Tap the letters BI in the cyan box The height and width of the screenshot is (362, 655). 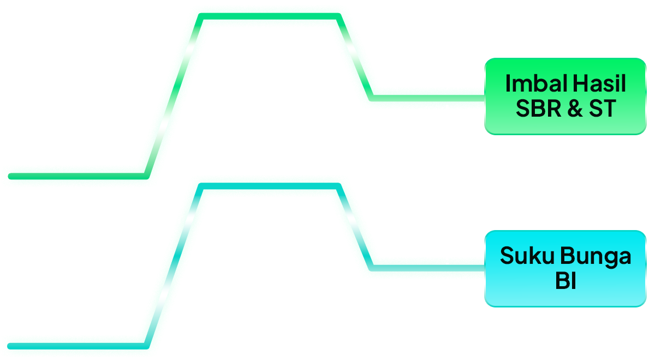[565, 282]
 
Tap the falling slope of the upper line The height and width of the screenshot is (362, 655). [356, 57]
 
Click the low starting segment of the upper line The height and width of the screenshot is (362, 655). [76, 176]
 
